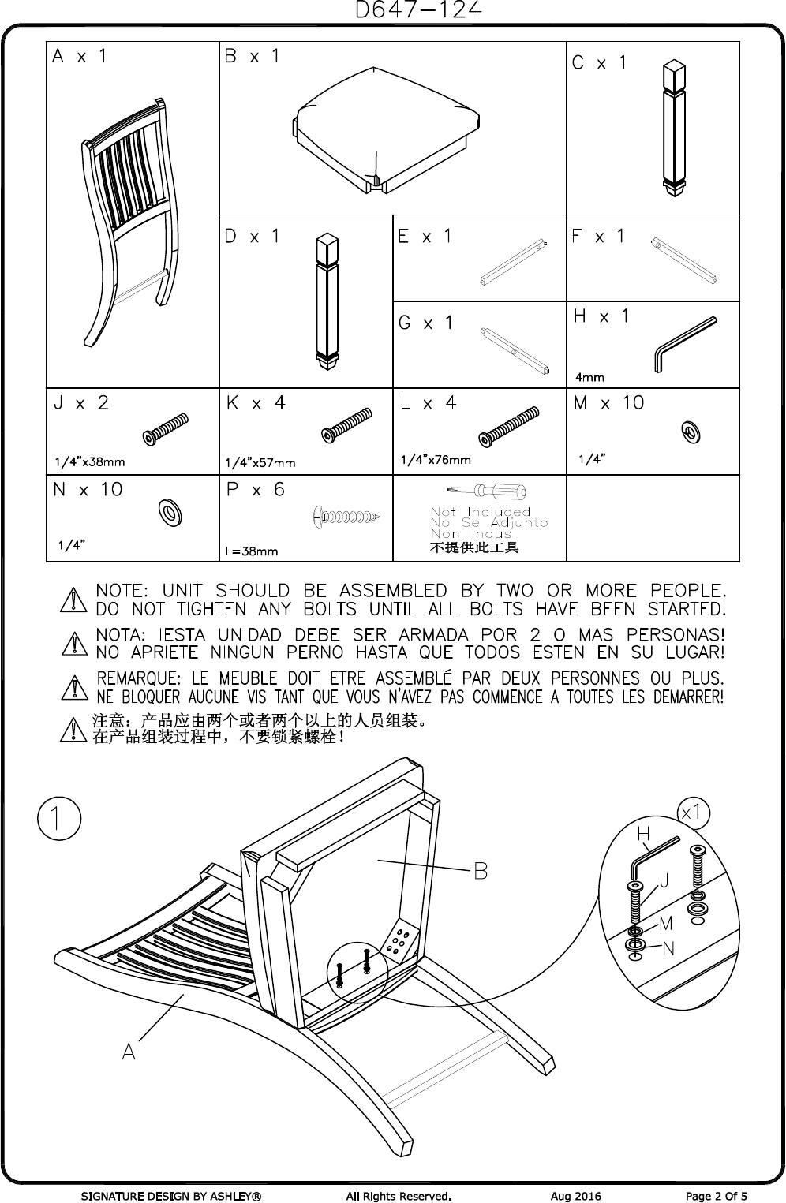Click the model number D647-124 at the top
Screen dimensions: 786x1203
[x=417, y=10]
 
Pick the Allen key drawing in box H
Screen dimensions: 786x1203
[x=683, y=343]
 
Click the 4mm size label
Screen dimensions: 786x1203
[x=589, y=377]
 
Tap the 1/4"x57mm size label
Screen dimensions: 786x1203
[x=260, y=462]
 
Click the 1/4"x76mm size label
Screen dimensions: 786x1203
[x=436, y=460]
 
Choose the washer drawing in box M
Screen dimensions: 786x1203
[x=691, y=432]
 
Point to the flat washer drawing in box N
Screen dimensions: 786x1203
[x=169, y=513]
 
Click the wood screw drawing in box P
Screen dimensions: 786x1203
[x=347, y=517]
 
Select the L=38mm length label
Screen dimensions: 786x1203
[x=252, y=551]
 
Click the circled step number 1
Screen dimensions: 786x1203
[x=59, y=820]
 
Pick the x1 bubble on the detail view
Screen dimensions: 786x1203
[x=695, y=812]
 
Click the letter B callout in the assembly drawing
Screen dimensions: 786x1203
[x=480, y=871]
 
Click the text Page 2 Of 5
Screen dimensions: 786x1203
[x=716, y=1196]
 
